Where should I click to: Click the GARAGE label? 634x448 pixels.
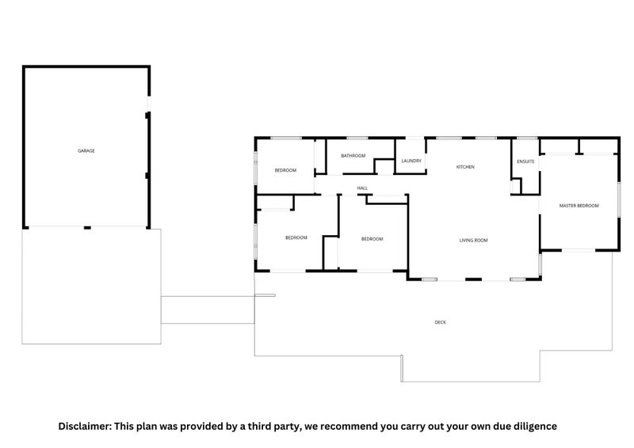click(86, 150)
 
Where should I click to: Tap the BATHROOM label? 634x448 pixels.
click(353, 155)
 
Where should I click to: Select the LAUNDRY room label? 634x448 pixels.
click(411, 161)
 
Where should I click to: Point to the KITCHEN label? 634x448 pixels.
click(465, 167)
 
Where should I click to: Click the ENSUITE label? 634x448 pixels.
click(525, 161)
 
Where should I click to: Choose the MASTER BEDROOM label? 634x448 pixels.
click(579, 206)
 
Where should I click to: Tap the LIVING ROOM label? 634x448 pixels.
click(473, 241)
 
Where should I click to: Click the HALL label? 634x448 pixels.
click(362, 188)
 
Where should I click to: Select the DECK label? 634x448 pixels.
click(441, 322)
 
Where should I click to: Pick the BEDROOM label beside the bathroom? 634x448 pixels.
click(285, 170)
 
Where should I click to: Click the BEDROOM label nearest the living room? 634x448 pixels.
click(372, 239)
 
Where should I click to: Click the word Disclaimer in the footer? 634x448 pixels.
click(85, 426)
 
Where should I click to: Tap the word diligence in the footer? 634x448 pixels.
click(532, 427)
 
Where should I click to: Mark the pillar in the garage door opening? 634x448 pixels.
click(87, 228)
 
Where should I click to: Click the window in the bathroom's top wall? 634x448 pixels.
click(357, 139)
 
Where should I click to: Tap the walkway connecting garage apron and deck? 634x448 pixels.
click(208, 309)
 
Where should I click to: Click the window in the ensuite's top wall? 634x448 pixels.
click(527, 139)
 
